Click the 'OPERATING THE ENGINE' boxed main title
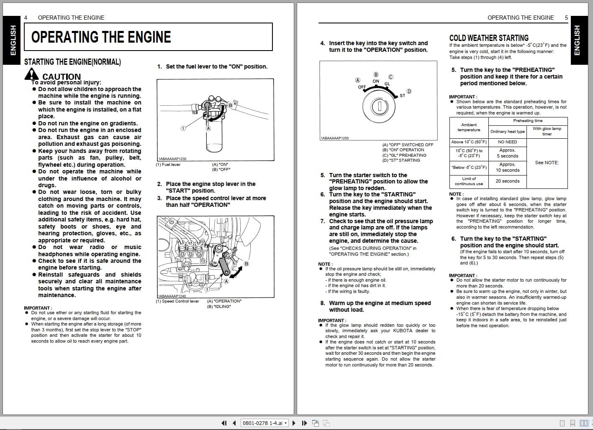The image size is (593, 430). click(x=101, y=37)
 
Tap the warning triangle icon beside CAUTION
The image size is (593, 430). click(x=31, y=74)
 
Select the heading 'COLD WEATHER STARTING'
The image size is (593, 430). click(x=489, y=38)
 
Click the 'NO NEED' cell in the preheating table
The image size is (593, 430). click(x=507, y=142)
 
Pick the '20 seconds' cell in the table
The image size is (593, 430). click(x=507, y=181)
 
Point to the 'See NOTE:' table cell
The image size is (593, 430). click(x=547, y=163)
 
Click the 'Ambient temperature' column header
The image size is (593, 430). click(x=469, y=127)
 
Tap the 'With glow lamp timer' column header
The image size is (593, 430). click(x=547, y=131)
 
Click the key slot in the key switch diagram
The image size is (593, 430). click(x=380, y=107)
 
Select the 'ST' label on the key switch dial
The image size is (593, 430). click(x=402, y=96)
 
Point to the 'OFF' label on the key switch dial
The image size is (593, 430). click(x=362, y=87)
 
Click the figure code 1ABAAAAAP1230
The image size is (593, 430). click(x=172, y=159)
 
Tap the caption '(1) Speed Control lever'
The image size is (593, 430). click(x=177, y=301)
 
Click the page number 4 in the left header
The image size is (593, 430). click(x=26, y=18)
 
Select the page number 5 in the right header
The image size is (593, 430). click(x=566, y=18)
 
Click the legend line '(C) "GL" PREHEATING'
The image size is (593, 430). click(x=404, y=155)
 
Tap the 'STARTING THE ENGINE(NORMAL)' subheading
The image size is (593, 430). click(x=72, y=62)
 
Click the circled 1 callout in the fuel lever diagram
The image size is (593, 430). click(x=183, y=128)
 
